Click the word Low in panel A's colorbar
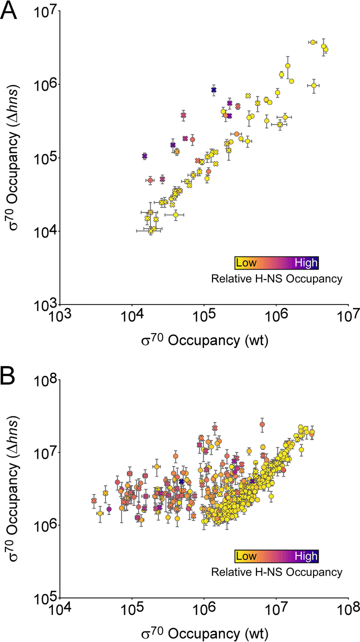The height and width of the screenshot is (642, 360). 245,262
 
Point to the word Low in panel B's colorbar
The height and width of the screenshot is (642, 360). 245,556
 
